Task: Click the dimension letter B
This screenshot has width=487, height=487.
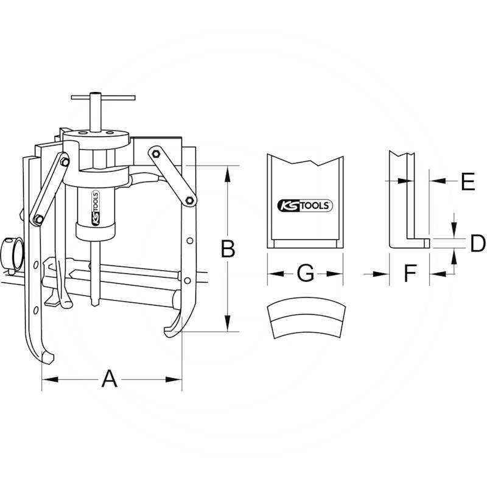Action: (228, 249)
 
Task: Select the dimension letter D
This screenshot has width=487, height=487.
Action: (478, 243)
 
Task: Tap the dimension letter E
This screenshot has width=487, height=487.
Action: (467, 181)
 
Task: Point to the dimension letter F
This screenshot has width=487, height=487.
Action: (410, 274)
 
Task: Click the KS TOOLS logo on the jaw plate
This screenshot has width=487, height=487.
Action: (304, 206)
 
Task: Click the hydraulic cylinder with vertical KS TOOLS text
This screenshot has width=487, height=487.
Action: (95, 210)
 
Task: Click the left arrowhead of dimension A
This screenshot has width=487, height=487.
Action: (46, 379)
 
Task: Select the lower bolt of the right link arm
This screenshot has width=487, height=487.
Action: (189, 200)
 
